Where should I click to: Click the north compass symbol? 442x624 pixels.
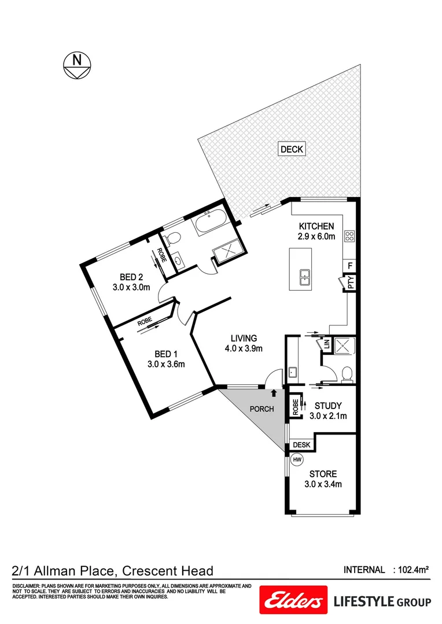tap(76, 65)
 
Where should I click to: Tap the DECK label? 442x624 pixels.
tap(292, 149)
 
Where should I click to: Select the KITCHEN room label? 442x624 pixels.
tap(316, 226)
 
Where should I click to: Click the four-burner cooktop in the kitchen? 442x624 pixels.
tap(349, 235)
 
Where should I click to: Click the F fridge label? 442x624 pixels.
tap(350, 266)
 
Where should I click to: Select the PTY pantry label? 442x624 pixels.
tap(350, 283)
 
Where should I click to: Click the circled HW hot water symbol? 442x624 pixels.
tap(297, 460)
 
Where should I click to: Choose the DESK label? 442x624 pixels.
tap(301, 445)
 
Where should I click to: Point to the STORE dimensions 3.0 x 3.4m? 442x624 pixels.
tap(323, 484)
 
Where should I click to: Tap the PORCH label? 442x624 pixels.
tap(261, 409)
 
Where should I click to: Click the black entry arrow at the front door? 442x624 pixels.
tap(274, 393)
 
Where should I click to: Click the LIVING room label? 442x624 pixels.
tap(244, 338)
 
